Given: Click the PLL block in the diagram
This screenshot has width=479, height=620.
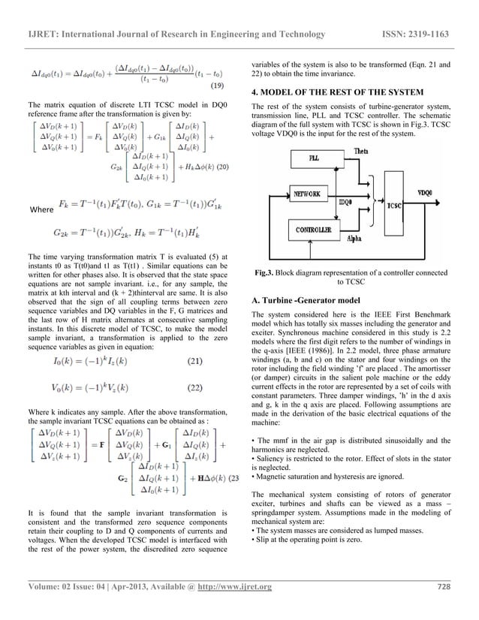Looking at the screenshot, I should coord(314,160).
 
